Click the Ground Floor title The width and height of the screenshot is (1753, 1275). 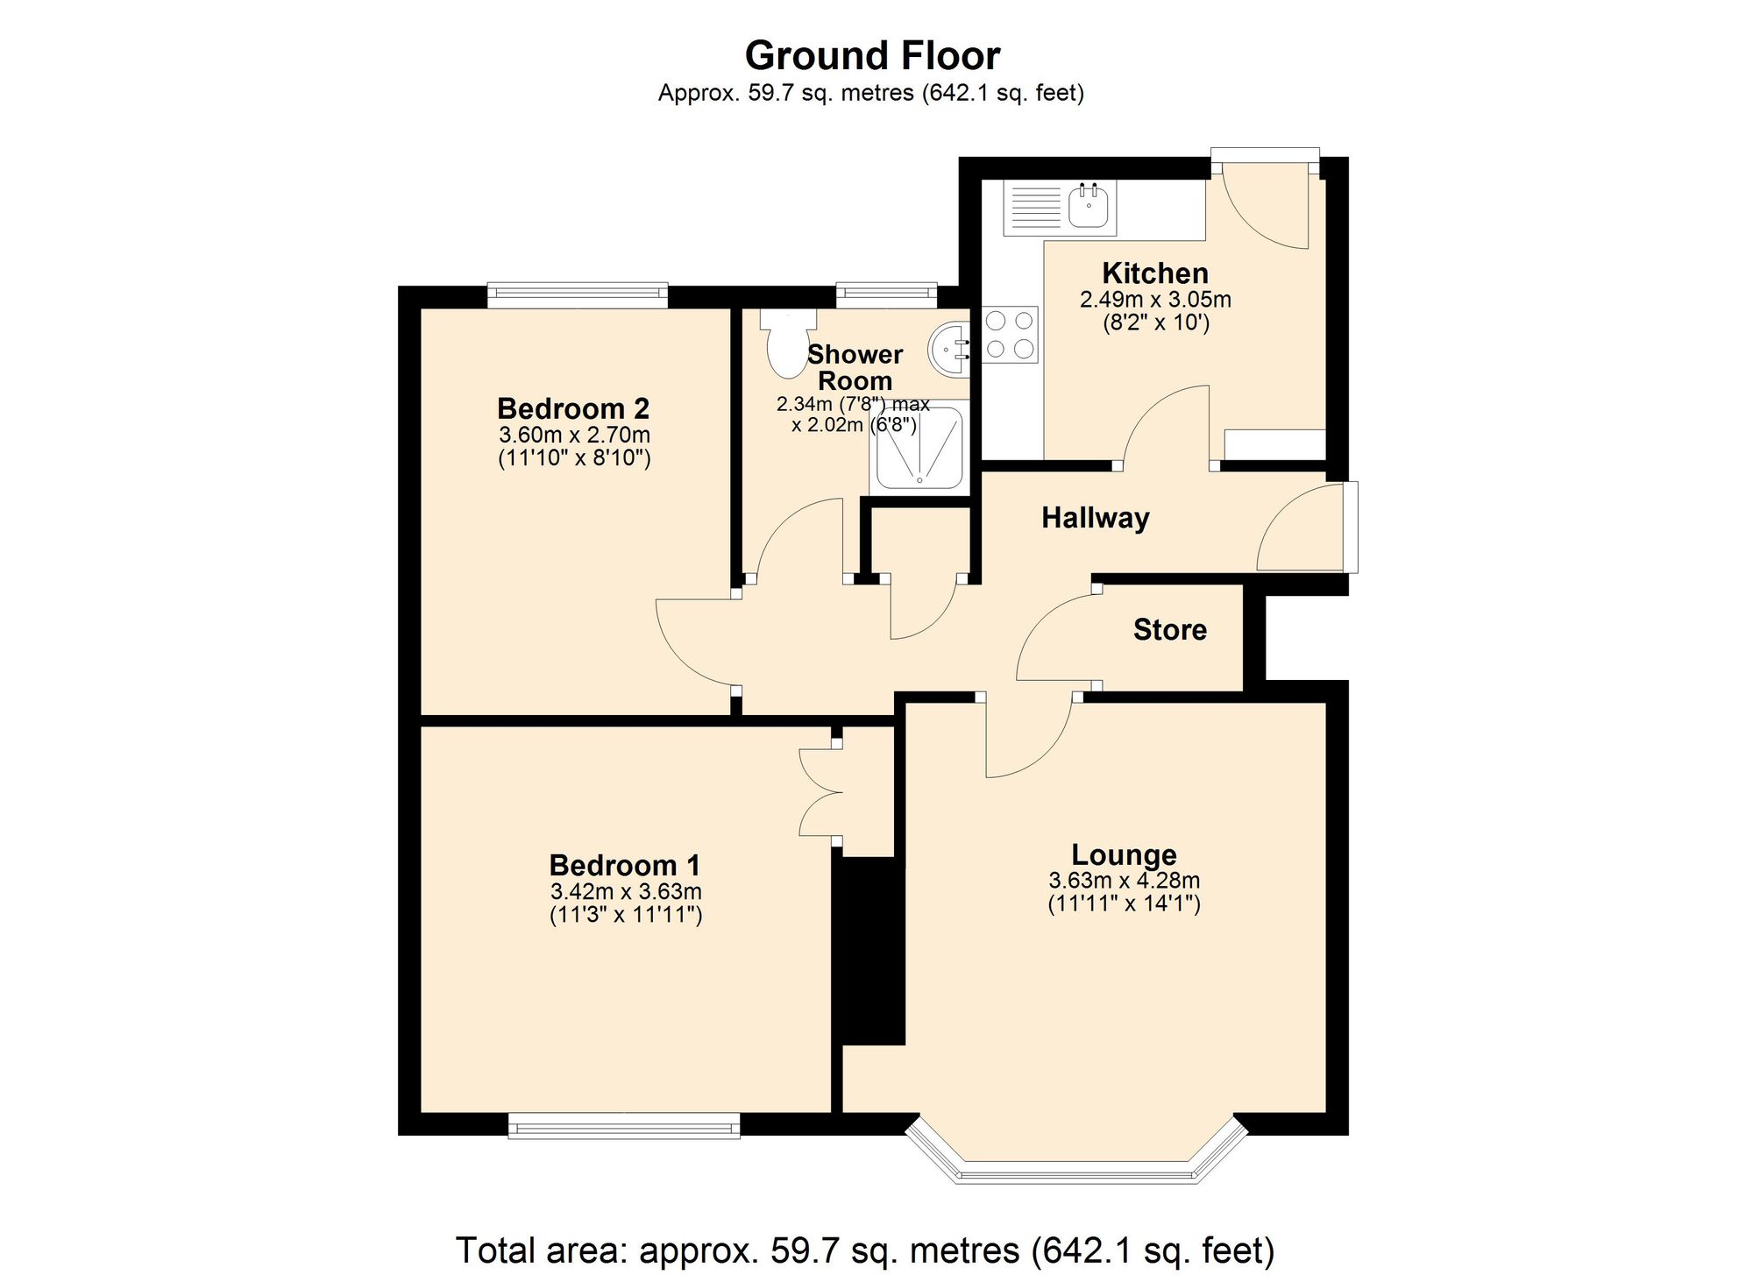pos(872,56)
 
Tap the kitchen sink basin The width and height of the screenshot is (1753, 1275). pos(1089,207)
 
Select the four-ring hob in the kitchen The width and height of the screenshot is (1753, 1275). pos(1010,335)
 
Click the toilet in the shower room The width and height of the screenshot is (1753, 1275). pos(786,346)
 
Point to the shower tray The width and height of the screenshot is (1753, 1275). pos(919,449)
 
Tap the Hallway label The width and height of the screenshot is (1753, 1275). pos(1095,518)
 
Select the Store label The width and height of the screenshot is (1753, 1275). pos(1169,629)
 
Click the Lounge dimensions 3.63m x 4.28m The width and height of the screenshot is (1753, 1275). pos(1124,881)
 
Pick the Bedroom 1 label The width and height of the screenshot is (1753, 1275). pos(624,866)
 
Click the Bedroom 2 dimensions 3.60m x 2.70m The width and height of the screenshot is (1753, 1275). pos(574,435)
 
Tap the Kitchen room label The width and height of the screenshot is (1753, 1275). pos(1154,273)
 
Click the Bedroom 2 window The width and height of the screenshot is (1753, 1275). pos(577,295)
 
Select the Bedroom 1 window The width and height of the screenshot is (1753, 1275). pos(624,1126)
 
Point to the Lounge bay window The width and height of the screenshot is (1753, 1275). pos(1076,1170)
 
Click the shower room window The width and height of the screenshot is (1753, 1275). pos(886,295)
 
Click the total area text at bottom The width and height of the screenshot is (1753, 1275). pos(864,1250)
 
